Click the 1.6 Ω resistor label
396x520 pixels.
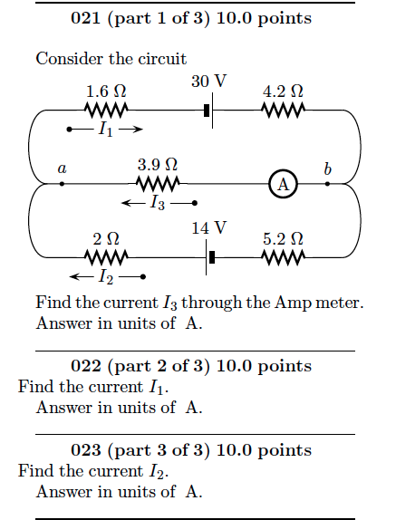click(106, 91)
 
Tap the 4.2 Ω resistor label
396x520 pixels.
click(282, 91)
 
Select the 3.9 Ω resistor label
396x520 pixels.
click(157, 165)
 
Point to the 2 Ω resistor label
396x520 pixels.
click(106, 239)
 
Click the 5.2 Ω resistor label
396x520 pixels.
click(282, 239)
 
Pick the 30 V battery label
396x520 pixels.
click(208, 82)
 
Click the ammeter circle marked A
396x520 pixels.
click(283, 184)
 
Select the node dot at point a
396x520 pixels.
click(62, 184)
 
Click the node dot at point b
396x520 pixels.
click(327, 184)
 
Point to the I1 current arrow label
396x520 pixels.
click(105, 130)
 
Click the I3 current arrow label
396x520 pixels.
click(158, 203)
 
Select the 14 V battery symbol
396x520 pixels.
click(210, 257)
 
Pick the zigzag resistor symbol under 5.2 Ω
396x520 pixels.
click(282, 257)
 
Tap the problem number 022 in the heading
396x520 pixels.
click(86, 366)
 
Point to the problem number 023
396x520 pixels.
click(86, 450)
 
